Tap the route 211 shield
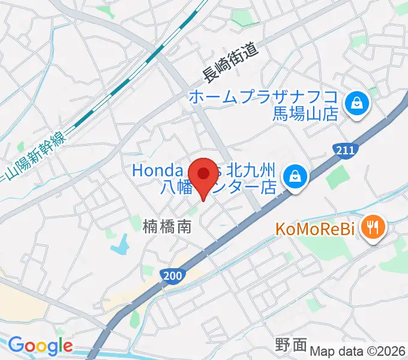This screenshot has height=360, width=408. (x=345, y=149)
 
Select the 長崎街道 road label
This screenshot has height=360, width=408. (x=230, y=65)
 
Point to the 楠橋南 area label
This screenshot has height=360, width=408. (x=167, y=227)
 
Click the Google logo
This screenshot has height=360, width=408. (x=40, y=346)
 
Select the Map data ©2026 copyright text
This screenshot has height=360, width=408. (x=357, y=351)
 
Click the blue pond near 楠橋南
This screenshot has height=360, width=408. (x=120, y=244)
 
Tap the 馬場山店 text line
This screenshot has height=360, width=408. (x=305, y=113)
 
